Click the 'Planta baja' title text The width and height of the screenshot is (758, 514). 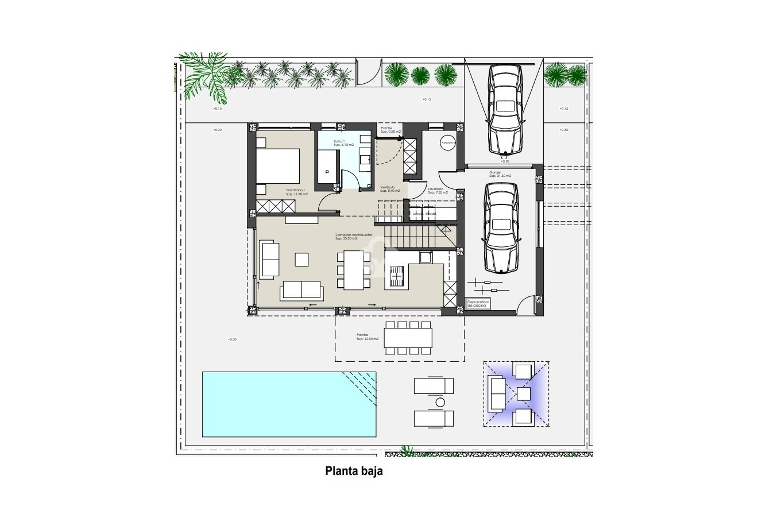click(354, 472)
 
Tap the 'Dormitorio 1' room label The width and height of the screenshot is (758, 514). click(295, 192)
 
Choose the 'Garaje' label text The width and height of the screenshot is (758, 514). click(495, 173)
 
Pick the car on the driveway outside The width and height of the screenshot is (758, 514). click(505, 109)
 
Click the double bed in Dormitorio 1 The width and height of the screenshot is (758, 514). click(278, 166)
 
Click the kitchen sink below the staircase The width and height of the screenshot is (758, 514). click(426, 257)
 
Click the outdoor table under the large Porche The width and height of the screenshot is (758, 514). click(408, 338)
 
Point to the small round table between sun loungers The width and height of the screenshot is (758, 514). click(440, 402)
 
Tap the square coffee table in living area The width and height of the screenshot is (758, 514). click(302, 260)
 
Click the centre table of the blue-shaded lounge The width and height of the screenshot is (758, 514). click(524, 394)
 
